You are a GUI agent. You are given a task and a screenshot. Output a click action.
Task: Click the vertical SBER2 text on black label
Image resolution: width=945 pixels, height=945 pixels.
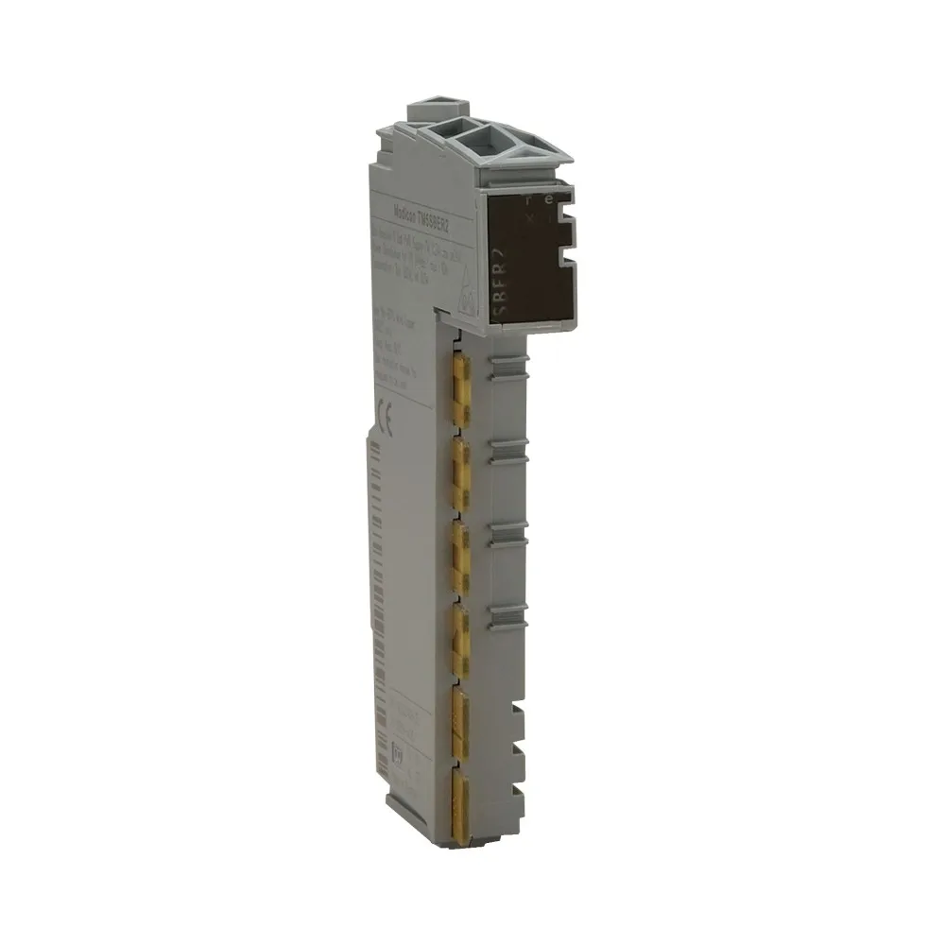pos(505,273)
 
